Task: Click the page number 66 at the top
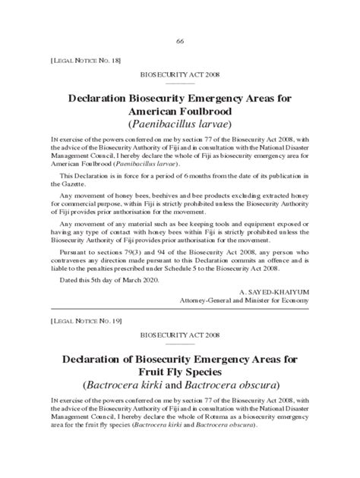[x=180, y=40]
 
